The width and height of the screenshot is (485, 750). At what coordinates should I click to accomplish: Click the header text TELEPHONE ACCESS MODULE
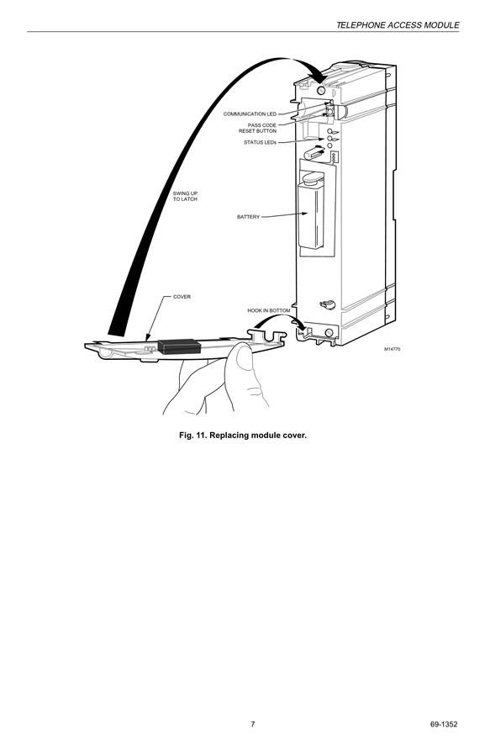click(398, 25)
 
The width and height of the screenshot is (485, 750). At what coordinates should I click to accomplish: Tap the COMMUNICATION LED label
click(250, 114)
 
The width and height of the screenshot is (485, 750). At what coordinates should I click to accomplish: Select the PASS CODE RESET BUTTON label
click(257, 128)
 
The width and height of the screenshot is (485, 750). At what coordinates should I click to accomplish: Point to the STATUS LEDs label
click(260, 143)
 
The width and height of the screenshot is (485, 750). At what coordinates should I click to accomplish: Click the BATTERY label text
click(248, 217)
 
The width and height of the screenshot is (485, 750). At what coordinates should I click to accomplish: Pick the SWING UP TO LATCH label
click(185, 196)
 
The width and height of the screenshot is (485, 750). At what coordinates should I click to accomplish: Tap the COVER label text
click(182, 297)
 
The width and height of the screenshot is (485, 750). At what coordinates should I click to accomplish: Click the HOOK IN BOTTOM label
click(268, 311)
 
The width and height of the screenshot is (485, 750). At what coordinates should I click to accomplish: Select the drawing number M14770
click(393, 349)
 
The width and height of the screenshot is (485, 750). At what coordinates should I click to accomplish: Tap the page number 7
click(253, 724)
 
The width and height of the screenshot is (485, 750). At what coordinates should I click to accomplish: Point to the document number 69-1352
click(443, 724)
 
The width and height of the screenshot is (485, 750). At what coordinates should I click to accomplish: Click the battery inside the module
click(310, 215)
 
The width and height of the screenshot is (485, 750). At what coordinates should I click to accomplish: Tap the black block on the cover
click(179, 346)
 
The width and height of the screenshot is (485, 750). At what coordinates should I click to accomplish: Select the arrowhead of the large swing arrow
click(318, 74)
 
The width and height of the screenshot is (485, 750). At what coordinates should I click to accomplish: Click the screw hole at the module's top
click(321, 90)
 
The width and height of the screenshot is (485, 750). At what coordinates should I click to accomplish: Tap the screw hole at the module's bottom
click(329, 333)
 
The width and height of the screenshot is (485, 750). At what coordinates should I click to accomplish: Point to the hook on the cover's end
click(267, 336)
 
